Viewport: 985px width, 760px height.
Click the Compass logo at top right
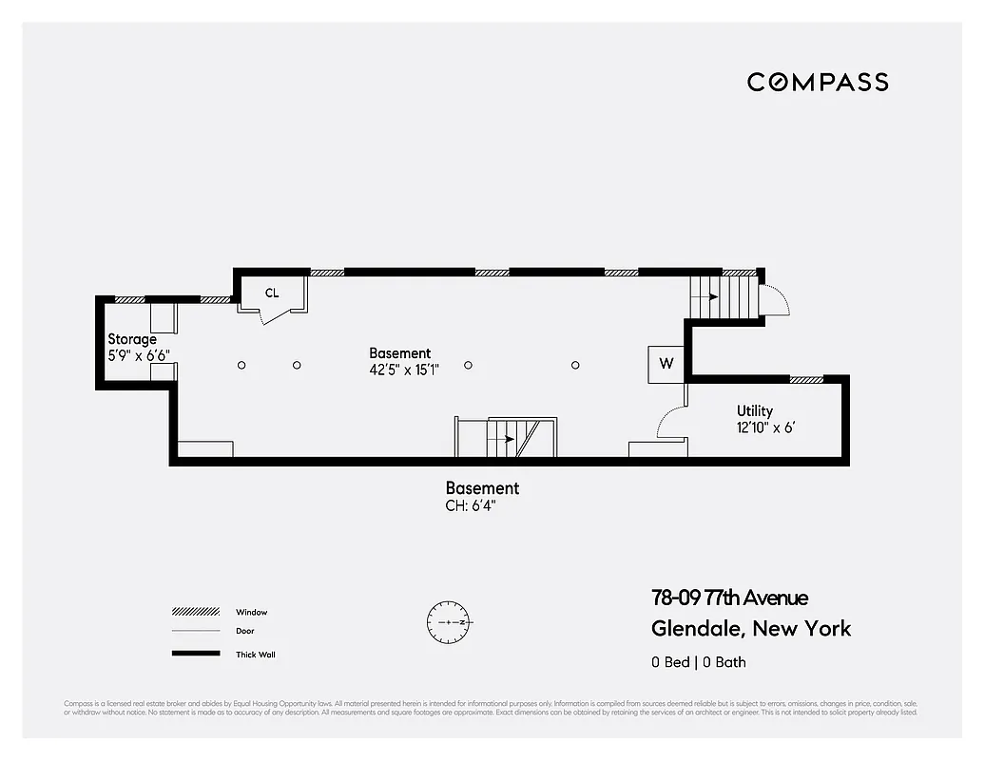(x=818, y=82)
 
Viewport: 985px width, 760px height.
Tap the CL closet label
(x=272, y=293)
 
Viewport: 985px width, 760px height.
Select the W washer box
(x=666, y=363)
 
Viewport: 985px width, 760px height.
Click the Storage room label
(x=132, y=339)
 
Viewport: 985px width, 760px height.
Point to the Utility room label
(x=755, y=411)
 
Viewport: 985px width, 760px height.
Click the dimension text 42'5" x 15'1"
(x=404, y=370)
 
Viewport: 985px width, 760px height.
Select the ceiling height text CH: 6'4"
(x=471, y=506)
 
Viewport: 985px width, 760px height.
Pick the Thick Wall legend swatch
(x=190, y=654)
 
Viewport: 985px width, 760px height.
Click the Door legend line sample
(x=190, y=632)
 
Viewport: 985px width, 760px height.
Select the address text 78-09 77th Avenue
(x=729, y=598)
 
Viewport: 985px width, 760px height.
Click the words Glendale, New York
(x=751, y=628)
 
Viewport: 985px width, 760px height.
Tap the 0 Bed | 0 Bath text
(x=698, y=662)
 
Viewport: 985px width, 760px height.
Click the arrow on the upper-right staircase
(x=708, y=296)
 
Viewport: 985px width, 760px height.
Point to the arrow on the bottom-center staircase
(x=506, y=439)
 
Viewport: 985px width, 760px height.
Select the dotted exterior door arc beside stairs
(x=778, y=297)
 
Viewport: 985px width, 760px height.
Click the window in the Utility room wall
(x=806, y=379)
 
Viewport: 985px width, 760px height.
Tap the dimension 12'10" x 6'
(x=765, y=428)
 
